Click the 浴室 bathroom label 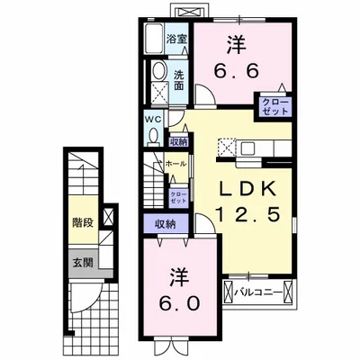[x=176, y=39]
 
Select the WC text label [x=152, y=118]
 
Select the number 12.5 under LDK [x=243, y=217]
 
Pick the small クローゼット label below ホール [x=178, y=196]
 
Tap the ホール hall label [x=177, y=165]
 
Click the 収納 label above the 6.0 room [x=164, y=224]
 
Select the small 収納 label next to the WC [x=177, y=141]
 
